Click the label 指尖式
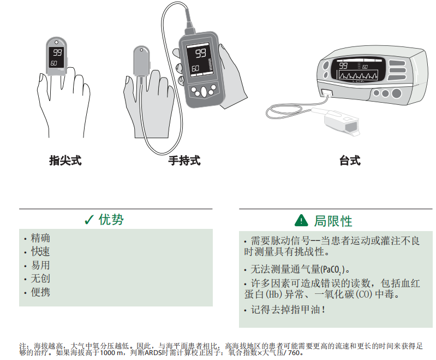pos(65,161)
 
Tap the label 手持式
pos(184,161)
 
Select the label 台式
pos(350,161)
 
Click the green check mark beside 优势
pos(89,220)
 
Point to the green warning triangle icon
pos(301,220)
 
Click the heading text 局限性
pos(333,221)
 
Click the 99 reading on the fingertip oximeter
pos(57,52)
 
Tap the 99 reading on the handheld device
pos(201,53)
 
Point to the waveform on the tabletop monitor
pos(358,75)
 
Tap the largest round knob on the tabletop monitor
pos(396,93)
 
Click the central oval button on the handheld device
pos(204,92)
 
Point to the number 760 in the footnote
pos(294,353)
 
